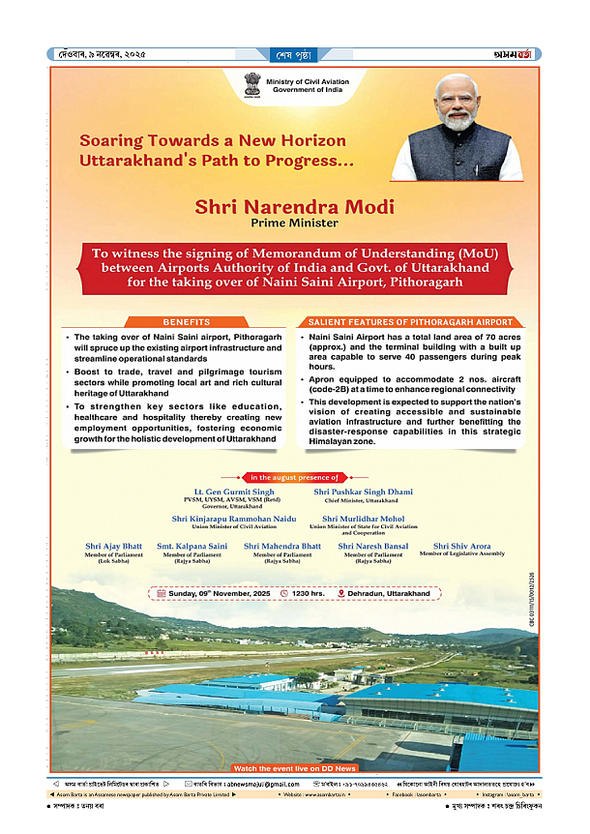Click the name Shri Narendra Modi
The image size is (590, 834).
(x=294, y=206)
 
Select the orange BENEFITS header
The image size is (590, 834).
(x=186, y=320)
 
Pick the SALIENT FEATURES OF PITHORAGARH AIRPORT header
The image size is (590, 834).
(x=411, y=320)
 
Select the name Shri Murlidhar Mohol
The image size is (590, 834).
(x=363, y=520)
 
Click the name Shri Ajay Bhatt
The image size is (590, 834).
(x=113, y=547)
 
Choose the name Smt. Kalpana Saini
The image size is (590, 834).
(x=192, y=547)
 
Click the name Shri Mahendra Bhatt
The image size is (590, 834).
(x=281, y=547)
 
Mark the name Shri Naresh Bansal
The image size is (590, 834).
(x=372, y=547)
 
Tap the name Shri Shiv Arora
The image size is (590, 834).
(x=461, y=547)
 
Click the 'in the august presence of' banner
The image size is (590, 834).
(x=295, y=477)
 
